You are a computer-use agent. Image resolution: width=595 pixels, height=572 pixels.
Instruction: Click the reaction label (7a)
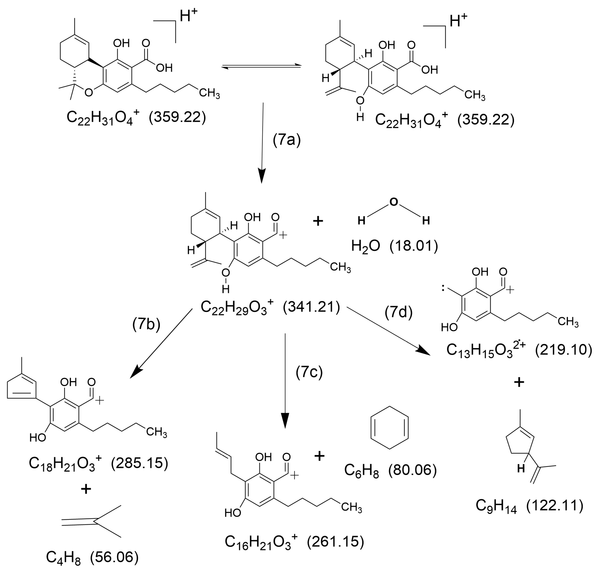[x=286, y=140]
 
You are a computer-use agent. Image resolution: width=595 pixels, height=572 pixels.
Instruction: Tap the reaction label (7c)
[x=309, y=372]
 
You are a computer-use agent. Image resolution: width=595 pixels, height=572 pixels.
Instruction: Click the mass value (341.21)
[x=311, y=307]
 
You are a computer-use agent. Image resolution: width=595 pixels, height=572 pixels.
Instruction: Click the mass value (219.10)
[x=563, y=350]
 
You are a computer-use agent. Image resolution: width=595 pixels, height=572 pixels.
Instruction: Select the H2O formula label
[x=365, y=246]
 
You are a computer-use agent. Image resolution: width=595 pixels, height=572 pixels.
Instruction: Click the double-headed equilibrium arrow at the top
[x=262, y=67]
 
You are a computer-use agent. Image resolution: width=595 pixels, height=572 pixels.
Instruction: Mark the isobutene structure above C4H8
[x=92, y=522]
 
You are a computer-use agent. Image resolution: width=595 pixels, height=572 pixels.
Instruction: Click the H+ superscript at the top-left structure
[x=188, y=15]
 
